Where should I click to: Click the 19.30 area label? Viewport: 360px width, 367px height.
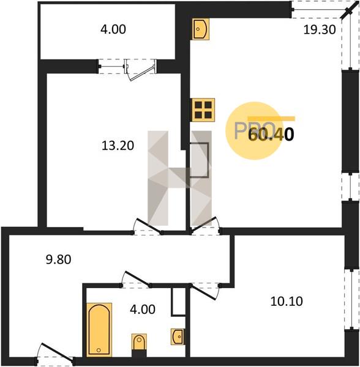pos(320,30)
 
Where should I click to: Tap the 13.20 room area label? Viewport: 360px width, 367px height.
pos(118,146)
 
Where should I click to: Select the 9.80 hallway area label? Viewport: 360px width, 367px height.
pos(59,259)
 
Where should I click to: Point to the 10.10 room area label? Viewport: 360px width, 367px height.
pos(287,301)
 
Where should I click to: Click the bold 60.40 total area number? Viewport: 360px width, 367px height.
pos(271,135)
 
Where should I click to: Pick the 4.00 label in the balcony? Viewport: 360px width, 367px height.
pos(113,29)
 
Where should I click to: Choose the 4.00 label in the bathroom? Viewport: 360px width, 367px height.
pos(143,310)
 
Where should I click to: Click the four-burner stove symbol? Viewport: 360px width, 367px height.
pos(203,109)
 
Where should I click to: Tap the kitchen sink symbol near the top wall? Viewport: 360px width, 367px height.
pos(201,29)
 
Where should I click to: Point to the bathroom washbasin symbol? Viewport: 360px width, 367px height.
pos(178,336)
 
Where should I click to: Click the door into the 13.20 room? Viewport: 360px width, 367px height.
pos(148,226)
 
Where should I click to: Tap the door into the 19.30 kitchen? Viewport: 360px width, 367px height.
pos(205,226)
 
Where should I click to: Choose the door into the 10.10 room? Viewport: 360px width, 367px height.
pos(205,291)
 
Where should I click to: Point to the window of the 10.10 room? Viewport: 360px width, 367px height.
pos(351,300)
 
